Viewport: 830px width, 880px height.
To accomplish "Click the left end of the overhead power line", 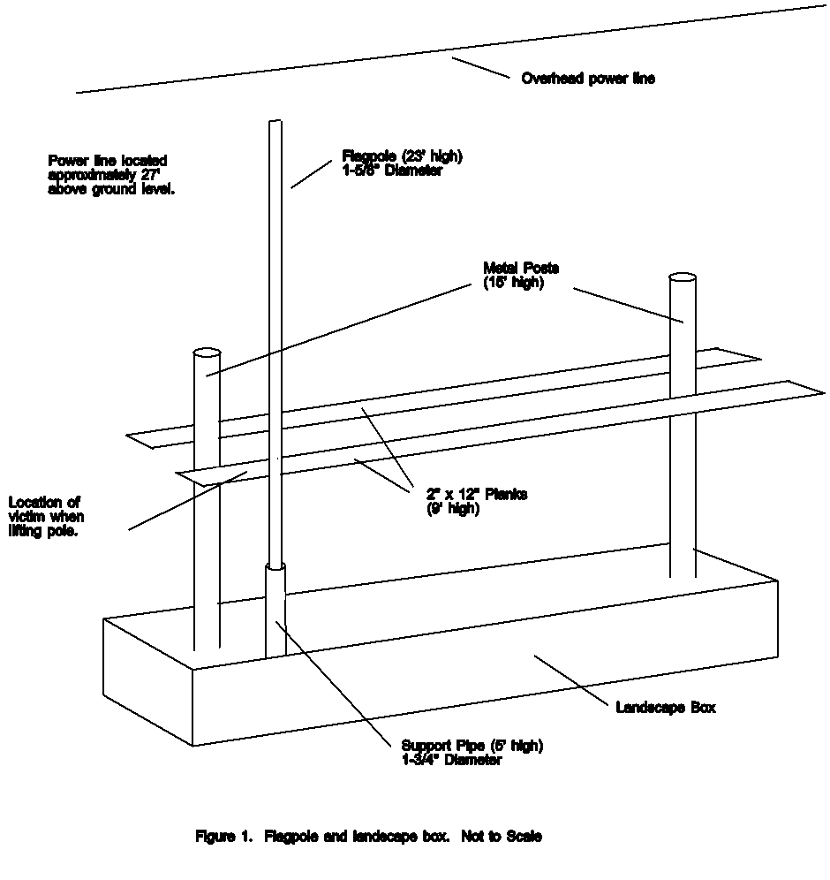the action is (x=77, y=92).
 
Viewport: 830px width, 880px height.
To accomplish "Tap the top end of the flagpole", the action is (x=275, y=121).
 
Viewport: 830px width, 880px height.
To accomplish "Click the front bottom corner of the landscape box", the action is (x=192, y=746).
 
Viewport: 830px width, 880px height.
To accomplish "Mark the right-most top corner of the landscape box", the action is (x=777, y=580).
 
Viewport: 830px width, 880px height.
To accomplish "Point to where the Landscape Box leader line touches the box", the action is (x=534, y=655).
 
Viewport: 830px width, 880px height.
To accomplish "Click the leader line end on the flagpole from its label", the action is (x=291, y=187).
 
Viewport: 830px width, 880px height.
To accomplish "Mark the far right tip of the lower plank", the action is (x=825, y=393).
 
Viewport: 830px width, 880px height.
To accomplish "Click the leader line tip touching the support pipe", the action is (x=275, y=621).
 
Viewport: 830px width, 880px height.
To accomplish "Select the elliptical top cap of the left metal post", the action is (x=207, y=353).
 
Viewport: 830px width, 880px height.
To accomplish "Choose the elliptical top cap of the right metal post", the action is (x=683, y=277).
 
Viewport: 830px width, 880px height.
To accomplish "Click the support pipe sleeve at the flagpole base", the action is (x=275, y=610).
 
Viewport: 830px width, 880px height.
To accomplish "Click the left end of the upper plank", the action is (x=127, y=435).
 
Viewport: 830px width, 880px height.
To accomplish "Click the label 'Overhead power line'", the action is (x=588, y=78).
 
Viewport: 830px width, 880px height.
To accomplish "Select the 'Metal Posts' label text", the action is (x=521, y=268).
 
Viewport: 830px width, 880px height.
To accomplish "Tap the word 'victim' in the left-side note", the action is (x=26, y=516).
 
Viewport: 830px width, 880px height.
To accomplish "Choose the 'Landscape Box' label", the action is (x=666, y=707).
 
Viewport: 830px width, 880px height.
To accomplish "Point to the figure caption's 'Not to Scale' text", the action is (x=502, y=836).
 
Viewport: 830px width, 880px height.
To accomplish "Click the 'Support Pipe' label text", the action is (x=443, y=746).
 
